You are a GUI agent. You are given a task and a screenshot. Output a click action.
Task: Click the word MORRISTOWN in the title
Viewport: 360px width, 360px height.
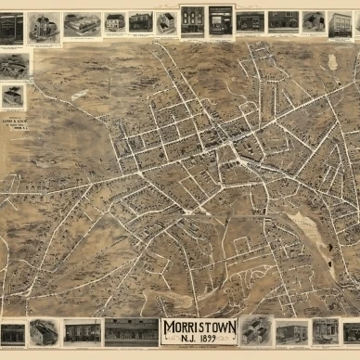point(199,327)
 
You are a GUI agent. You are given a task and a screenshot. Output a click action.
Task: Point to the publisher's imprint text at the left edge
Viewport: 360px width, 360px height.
point(14,120)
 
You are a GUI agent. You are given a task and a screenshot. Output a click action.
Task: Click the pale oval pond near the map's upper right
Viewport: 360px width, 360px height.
point(332,62)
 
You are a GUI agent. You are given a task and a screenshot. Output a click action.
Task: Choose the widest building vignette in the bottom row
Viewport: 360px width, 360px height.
point(131,331)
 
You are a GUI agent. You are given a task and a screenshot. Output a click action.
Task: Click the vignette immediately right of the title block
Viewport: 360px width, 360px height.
point(256,330)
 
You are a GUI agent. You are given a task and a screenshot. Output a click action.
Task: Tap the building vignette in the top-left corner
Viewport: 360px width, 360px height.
point(12,28)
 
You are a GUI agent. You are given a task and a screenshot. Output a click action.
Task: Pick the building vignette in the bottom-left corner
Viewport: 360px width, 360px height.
point(13,333)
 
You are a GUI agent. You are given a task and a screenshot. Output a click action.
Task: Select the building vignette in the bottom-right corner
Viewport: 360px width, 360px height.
point(351,331)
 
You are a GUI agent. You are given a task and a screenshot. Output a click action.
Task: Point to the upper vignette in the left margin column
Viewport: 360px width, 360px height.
point(14,65)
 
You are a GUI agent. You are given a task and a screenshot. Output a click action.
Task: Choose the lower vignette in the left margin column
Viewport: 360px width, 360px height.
point(13,96)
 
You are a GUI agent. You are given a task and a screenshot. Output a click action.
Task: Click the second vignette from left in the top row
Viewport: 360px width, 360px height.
point(44,27)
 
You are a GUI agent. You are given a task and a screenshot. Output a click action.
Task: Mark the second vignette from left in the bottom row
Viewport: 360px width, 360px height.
point(44,331)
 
